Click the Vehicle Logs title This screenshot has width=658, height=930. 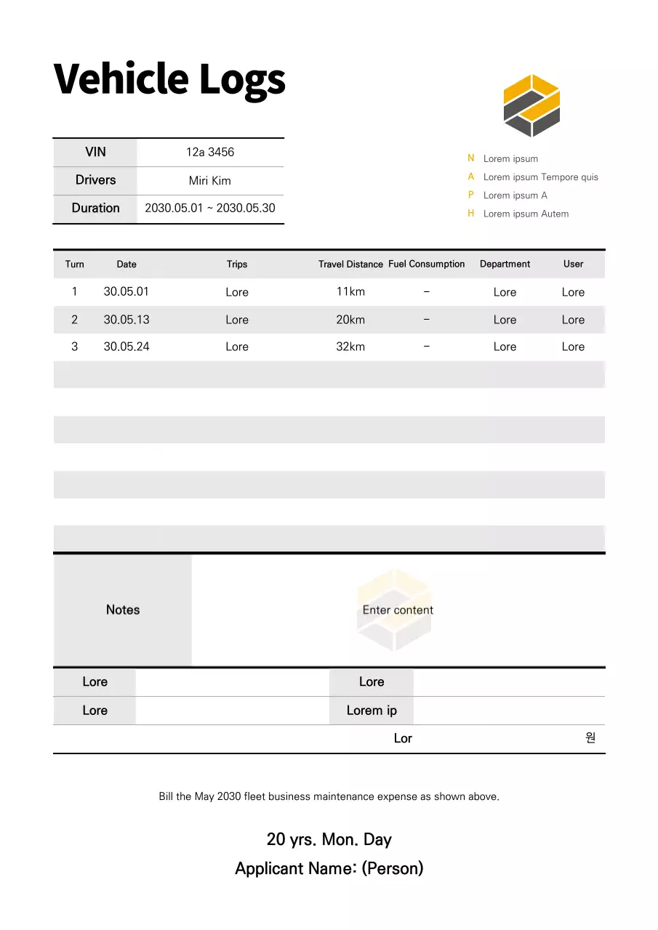click(169, 78)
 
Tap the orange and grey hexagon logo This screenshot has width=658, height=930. click(531, 105)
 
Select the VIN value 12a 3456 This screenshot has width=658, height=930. click(210, 152)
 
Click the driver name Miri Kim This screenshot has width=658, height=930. click(210, 180)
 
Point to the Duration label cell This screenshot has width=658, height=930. click(95, 208)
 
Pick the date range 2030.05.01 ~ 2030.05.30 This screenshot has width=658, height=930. click(210, 208)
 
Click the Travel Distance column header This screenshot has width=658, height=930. click(350, 264)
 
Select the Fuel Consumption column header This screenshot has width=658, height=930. click(426, 264)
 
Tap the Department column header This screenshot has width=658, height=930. click(505, 264)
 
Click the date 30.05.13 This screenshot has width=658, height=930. click(127, 320)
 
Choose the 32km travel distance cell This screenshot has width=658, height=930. click(350, 347)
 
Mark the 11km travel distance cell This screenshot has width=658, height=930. click(350, 291)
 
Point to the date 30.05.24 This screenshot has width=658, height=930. click(127, 347)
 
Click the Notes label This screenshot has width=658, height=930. click(123, 610)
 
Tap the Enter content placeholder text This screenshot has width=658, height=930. click(398, 610)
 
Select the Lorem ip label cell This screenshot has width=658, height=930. click(372, 711)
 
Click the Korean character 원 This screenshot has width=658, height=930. click(590, 737)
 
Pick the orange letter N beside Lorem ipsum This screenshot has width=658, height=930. click(471, 158)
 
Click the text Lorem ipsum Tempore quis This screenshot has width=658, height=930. click(540, 177)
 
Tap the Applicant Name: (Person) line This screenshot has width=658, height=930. click(329, 868)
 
